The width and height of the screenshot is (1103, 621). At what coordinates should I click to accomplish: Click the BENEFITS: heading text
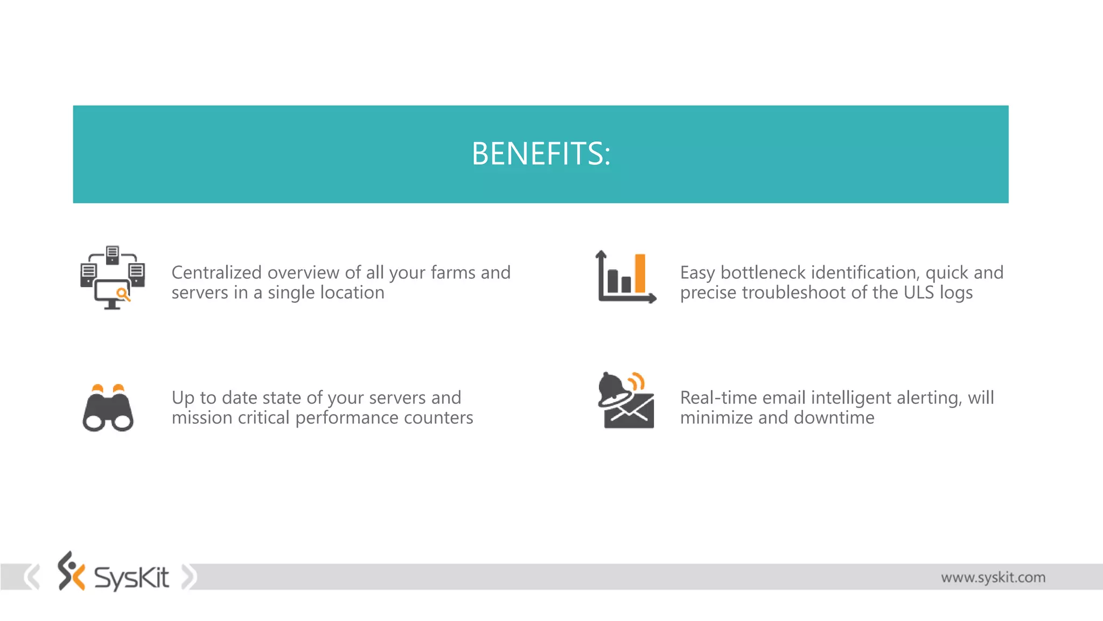[541, 154]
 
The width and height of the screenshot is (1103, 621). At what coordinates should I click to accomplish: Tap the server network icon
[112, 277]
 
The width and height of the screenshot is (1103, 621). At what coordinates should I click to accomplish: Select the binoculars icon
[108, 408]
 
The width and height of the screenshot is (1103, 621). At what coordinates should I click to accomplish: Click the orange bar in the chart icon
[640, 273]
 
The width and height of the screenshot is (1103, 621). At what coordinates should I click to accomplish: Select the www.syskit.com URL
[993, 577]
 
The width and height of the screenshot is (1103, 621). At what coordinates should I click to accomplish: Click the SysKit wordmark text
[131, 577]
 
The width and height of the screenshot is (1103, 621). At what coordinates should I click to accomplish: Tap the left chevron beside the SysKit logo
[32, 577]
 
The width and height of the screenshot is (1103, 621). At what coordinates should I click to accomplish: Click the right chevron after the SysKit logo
[189, 577]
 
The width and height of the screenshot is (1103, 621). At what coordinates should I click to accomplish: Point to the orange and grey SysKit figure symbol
[71, 571]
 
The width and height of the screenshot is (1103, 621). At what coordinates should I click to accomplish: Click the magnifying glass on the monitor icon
[123, 294]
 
